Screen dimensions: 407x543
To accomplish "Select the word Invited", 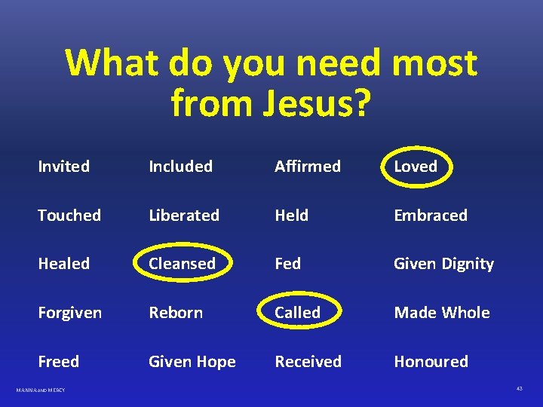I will (x=63, y=166).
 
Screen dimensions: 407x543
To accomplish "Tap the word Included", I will (x=180, y=166).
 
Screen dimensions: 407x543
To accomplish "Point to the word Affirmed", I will (x=308, y=166).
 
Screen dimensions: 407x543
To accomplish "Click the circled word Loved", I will (x=416, y=166).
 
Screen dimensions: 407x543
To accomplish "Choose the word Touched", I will (x=69, y=215).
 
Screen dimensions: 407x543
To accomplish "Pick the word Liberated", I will (x=184, y=215).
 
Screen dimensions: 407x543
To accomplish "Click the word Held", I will (x=291, y=215).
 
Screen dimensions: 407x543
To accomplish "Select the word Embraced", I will (x=431, y=215).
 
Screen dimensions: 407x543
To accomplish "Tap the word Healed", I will (x=63, y=264).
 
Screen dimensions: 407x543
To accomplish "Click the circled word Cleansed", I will (x=182, y=264).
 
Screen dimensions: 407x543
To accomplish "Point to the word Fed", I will (x=287, y=264).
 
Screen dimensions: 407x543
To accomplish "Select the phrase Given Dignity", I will (x=443, y=264).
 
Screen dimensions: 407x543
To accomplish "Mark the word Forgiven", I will (x=69, y=313).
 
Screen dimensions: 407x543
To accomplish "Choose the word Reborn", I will (x=176, y=313).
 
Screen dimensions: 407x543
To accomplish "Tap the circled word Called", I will (x=297, y=313).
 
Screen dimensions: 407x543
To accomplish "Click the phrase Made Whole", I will (x=442, y=313).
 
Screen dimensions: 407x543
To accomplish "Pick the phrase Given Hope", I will (x=192, y=362).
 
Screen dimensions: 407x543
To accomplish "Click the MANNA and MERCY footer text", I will (x=41, y=390).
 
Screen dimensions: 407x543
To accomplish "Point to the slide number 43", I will (x=520, y=389).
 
